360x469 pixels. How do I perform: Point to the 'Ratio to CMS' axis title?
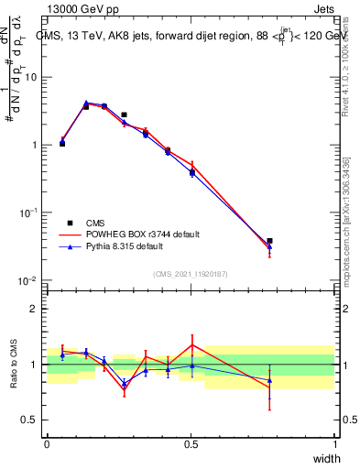click(12, 365)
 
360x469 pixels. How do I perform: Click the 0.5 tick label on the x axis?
click(191, 444)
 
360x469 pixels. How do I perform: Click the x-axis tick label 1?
click(335, 444)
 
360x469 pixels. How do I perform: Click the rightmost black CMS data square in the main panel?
click(269, 241)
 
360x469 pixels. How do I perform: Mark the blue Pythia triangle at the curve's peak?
click(86, 104)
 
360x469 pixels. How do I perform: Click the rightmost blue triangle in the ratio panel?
click(269, 379)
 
